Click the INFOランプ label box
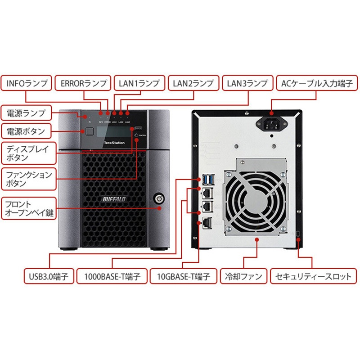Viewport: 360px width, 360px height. tap(27, 84)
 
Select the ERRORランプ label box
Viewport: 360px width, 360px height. tap(83, 84)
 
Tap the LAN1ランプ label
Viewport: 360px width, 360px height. tap(139, 84)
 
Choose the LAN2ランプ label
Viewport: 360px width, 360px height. tap(193, 84)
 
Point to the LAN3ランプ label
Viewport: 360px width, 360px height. tap(247, 84)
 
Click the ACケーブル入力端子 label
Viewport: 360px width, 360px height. tap(313, 84)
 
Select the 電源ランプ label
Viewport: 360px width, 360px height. tap(26, 112)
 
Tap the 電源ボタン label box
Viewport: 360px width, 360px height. tap(26, 132)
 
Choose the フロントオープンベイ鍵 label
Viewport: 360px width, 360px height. tap(28, 208)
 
